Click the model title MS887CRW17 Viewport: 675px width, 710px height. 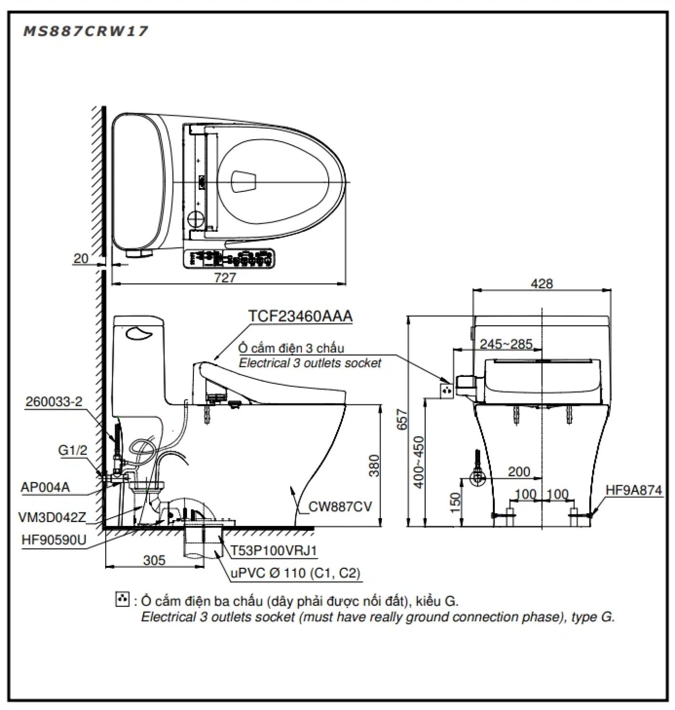click(85, 31)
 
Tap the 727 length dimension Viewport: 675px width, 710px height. click(225, 278)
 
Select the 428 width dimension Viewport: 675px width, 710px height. click(541, 283)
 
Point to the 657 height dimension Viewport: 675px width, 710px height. click(402, 419)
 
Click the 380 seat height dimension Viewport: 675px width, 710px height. click(374, 465)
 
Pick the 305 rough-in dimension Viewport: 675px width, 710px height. click(154, 560)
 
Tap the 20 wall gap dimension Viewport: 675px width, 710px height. click(81, 258)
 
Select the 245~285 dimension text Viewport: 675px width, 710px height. click(506, 344)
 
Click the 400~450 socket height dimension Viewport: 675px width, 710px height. click(418, 462)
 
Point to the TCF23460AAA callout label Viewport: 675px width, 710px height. click(300, 316)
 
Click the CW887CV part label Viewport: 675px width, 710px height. click(340, 507)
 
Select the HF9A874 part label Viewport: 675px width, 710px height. click(634, 490)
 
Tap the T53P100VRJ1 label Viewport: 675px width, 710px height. click(273, 550)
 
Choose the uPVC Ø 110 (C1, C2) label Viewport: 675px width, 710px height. click(295, 573)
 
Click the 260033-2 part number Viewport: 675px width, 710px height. click(54, 402)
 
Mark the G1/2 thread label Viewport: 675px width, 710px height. click(73, 450)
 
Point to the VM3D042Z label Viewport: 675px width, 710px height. click(52, 517)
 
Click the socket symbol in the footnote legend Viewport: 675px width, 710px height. click(122, 600)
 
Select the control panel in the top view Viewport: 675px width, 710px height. click(229, 259)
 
